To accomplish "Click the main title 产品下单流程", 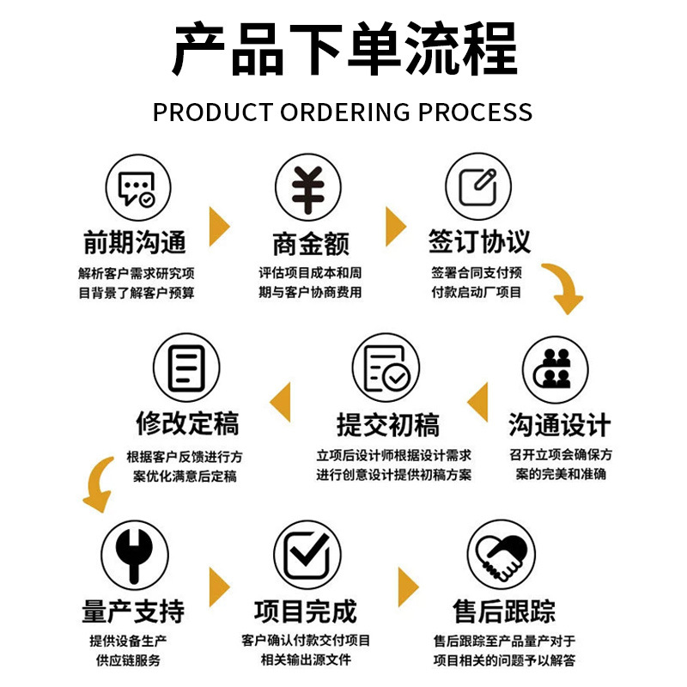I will point(343,49).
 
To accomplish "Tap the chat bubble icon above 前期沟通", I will point(137,188).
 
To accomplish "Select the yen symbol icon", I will point(307,188).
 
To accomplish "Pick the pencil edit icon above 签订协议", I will point(477,186).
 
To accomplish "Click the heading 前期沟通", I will point(135,242).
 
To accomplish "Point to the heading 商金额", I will point(310,244).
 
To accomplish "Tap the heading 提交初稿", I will point(387,424).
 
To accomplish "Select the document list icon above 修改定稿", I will point(186,367).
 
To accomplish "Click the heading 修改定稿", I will point(187,423).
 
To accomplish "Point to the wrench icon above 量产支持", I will point(134,554).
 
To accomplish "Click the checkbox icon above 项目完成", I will point(307,554).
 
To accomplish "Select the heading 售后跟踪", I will point(504,611).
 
